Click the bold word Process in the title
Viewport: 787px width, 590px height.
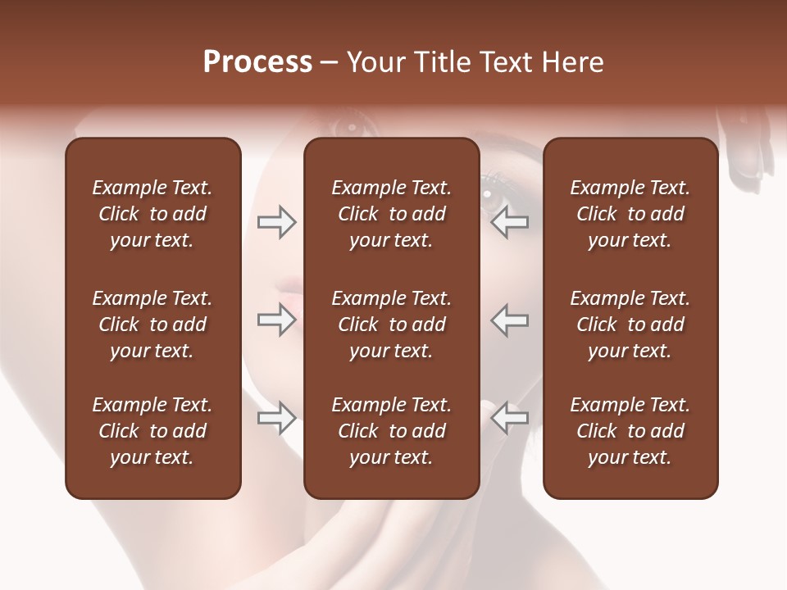pos(257,62)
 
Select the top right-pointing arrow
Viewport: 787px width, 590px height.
pos(276,222)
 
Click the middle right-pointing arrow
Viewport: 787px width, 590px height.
pos(276,320)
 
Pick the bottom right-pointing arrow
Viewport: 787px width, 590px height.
pos(276,419)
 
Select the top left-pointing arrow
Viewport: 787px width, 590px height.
pos(509,222)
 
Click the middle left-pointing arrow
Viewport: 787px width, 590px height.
pos(509,320)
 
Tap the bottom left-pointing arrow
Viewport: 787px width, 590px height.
pos(509,417)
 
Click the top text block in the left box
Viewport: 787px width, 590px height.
pos(152,214)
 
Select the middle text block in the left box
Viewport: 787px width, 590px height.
pos(152,324)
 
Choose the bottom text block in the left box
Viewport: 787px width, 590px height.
pos(152,431)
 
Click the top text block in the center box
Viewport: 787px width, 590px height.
pos(391,214)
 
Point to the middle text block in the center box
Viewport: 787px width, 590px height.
pos(391,324)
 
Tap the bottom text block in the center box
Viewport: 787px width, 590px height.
pos(391,431)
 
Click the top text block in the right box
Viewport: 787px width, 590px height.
pos(630,214)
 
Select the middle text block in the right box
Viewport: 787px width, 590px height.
pos(630,324)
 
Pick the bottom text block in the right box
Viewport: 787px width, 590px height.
pos(630,431)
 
